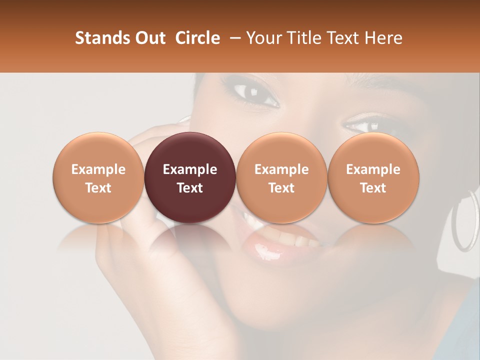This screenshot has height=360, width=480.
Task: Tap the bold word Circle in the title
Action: (x=197, y=38)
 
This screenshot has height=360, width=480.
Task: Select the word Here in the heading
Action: (x=382, y=38)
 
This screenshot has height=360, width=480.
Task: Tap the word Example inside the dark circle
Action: (x=190, y=169)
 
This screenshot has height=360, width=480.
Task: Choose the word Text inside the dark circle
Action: (x=190, y=188)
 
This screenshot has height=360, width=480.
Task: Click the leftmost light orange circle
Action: (x=98, y=177)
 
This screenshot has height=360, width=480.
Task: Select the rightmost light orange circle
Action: (x=373, y=177)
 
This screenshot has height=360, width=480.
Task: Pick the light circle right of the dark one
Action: (x=281, y=177)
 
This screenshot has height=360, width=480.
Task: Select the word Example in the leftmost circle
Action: (x=98, y=169)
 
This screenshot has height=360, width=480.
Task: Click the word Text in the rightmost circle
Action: (x=373, y=188)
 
